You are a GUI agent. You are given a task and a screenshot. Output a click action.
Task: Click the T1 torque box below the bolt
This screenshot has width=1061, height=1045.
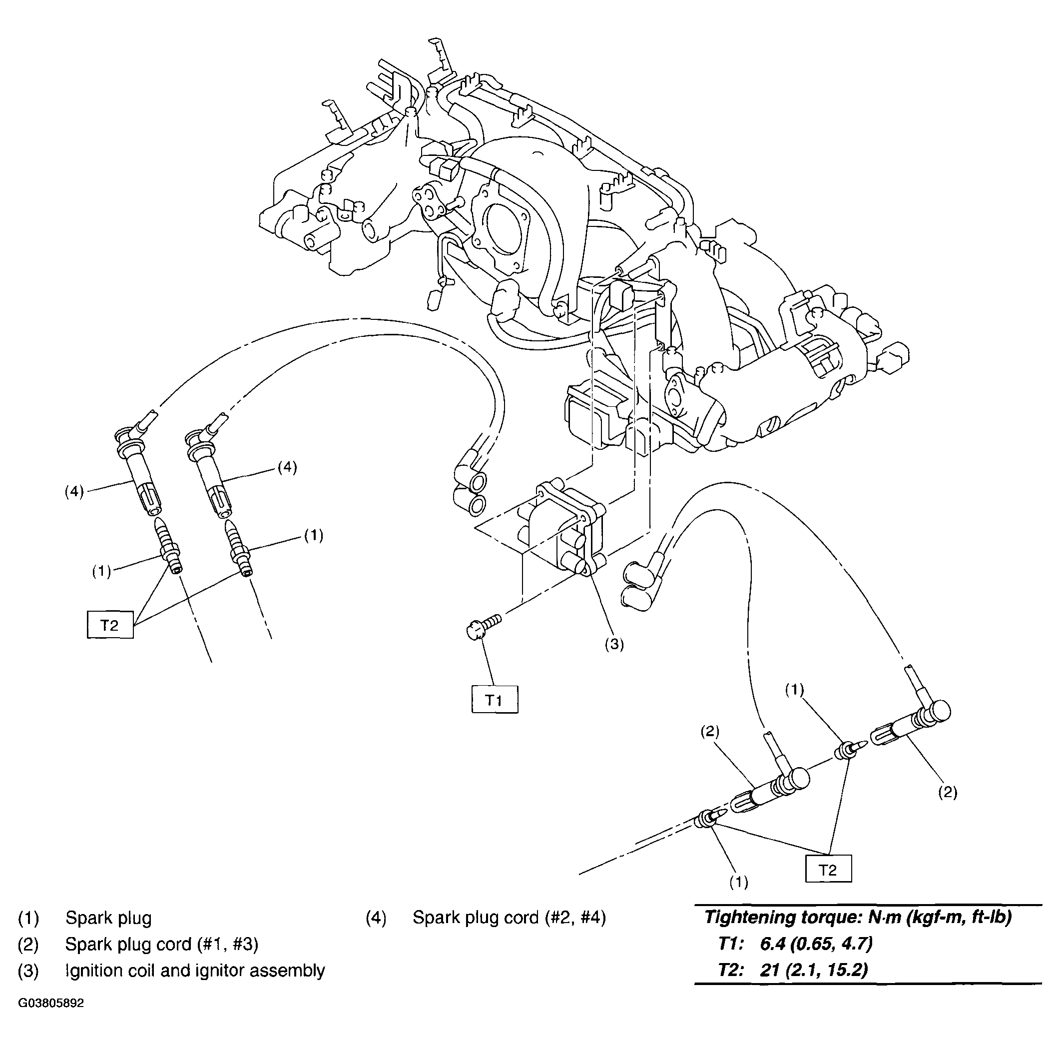pyautogui.click(x=495, y=699)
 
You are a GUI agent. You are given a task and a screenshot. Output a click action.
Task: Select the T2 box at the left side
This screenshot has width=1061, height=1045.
pyautogui.click(x=110, y=625)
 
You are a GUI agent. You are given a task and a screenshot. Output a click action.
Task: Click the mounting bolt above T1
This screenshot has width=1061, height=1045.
pyautogui.click(x=482, y=627)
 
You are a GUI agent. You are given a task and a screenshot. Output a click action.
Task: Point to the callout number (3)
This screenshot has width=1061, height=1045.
pyautogui.click(x=614, y=644)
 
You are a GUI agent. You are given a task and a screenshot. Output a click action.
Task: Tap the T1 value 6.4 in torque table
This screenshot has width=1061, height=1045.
pyautogui.click(x=771, y=944)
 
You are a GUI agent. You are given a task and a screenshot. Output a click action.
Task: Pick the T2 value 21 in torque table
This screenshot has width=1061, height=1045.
pyautogui.click(x=769, y=970)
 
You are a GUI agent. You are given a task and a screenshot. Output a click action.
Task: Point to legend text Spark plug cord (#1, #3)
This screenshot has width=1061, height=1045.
pyautogui.click(x=161, y=944)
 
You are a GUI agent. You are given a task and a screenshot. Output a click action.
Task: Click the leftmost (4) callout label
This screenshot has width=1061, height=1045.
pyautogui.click(x=74, y=491)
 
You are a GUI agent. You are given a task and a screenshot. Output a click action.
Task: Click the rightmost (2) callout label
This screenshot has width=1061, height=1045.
pyautogui.click(x=948, y=792)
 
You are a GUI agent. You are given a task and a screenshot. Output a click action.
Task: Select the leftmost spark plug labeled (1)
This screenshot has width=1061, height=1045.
pyautogui.click(x=169, y=549)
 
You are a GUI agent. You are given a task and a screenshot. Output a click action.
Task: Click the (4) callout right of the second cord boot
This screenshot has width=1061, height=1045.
pyautogui.click(x=287, y=467)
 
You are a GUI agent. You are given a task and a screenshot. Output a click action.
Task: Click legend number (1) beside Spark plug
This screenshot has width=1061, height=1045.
pyautogui.click(x=28, y=917)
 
